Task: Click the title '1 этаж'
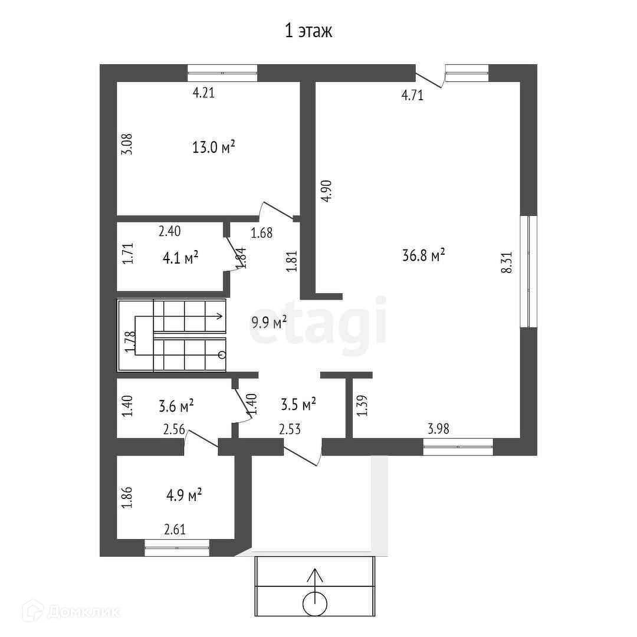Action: [x=309, y=31]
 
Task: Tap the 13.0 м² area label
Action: [x=214, y=147]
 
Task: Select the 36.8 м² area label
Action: [x=422, y=255]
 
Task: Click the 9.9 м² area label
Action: [x=269, y=321]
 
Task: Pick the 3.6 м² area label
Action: [x=176, y=406]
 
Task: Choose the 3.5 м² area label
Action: [x=298, y=405]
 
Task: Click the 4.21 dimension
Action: [x=203, y=92]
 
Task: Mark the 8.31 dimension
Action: [x=505, y=262]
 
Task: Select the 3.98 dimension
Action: [x=438, y=429]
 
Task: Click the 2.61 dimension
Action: [x=175, y=529]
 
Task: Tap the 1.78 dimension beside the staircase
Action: [x=131, y=342]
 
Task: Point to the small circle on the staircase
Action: [x=222, y=354]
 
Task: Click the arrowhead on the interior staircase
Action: [x=220, y=317]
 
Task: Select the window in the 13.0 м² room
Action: [x=222, y=73]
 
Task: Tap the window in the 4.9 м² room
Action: [x=177, y=547]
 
